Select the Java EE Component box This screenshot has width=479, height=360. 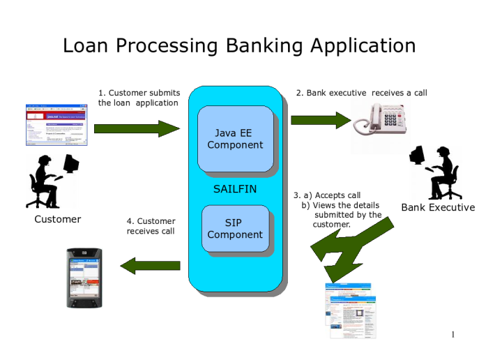[235, 138]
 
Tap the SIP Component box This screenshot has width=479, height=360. [235, 229]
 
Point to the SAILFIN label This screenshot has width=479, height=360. [236, 188]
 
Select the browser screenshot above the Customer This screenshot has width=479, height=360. [56, 125]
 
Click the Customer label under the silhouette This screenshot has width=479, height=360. [57, 219]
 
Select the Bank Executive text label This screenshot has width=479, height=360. [438, 207]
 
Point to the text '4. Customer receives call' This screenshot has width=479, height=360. [151, 226]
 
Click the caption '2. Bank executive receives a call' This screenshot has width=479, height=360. [361, 92]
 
